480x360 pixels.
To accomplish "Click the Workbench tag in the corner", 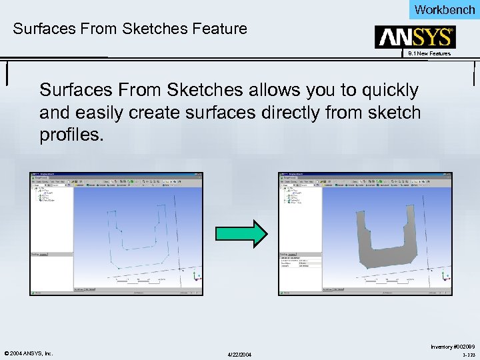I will (444, 9).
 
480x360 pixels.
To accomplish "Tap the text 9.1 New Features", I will (429, 53).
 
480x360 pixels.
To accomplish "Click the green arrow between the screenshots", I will (241, 233).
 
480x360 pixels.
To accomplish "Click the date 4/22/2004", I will (240, 353).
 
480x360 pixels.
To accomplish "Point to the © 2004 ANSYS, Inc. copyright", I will (27, 353).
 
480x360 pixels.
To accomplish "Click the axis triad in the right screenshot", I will (443, 275).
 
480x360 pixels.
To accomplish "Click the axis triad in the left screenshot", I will (195, 275).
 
